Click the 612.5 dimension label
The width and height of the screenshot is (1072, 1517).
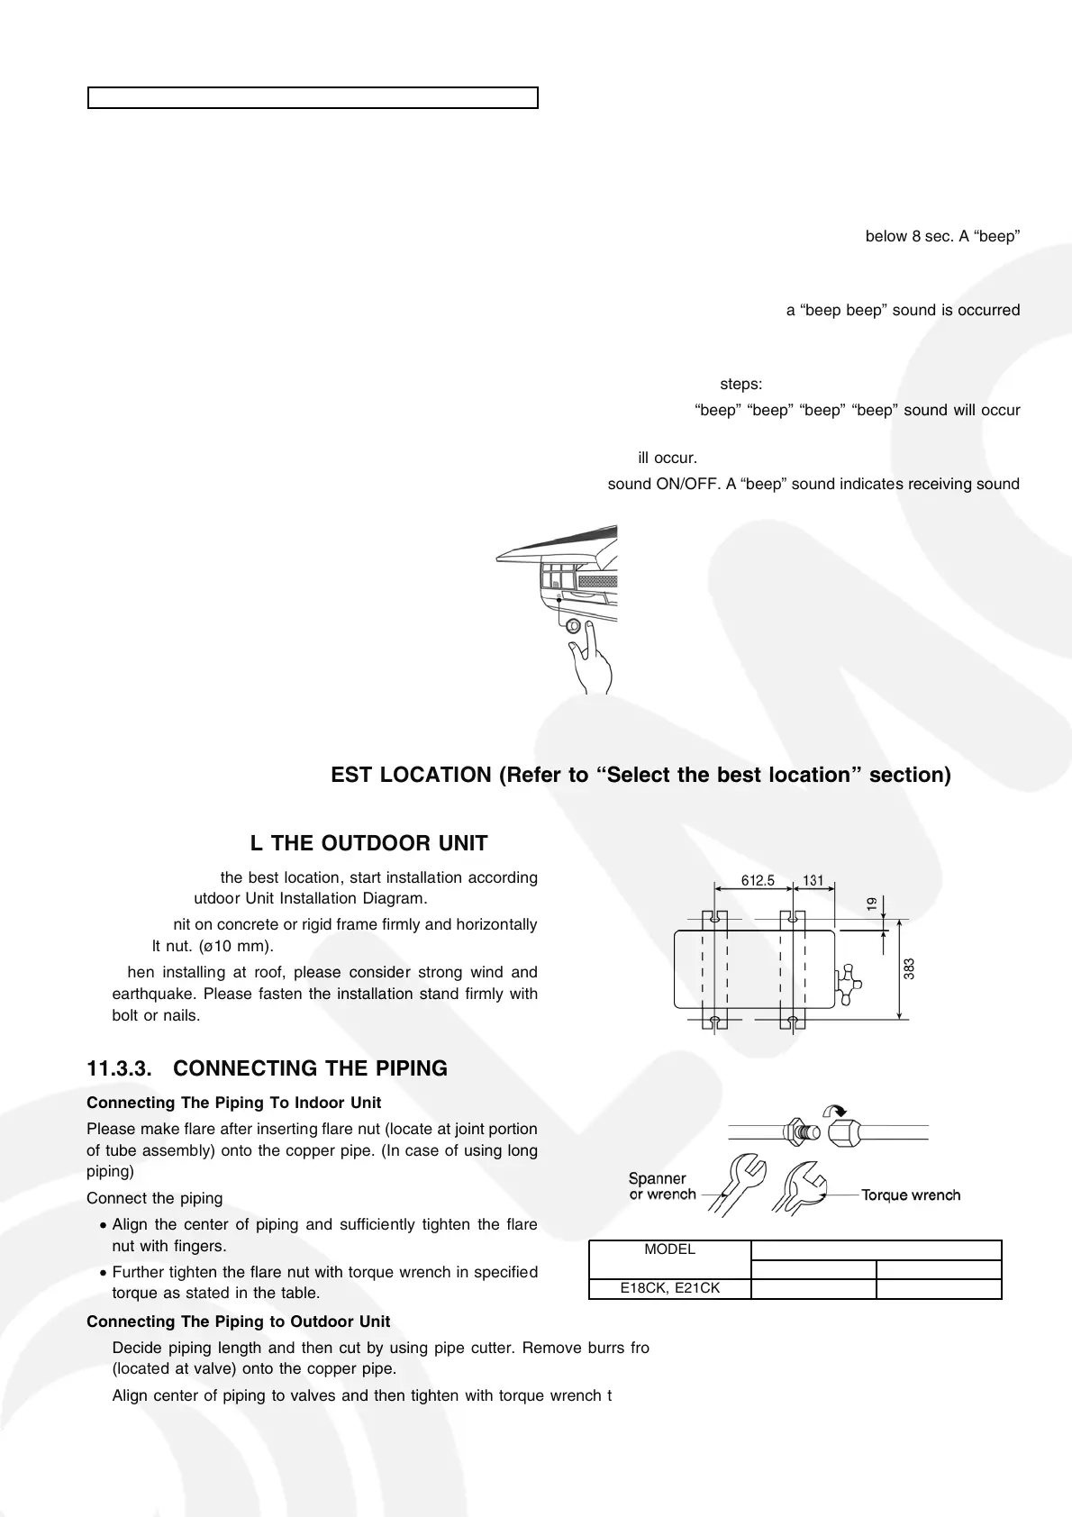coord(758,880)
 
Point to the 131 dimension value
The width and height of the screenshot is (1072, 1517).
coord(813,880)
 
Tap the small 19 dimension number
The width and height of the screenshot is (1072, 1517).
coord(872,904)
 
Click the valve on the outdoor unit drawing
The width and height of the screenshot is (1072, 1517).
coord(847,983)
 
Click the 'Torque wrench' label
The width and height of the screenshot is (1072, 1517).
coord(911,1195)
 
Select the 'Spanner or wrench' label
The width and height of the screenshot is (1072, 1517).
coord(662,1186)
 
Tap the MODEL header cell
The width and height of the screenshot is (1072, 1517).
coord(669,1249)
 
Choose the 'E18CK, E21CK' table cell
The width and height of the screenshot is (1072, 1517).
coord(669,1288)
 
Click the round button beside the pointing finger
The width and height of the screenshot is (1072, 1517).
coord(572,626)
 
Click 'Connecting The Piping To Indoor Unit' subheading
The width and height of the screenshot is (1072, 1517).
coord(233,1104)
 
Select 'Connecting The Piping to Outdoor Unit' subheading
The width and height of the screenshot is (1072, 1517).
coord(238,1322)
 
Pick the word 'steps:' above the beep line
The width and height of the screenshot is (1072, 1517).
coord(740,385)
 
